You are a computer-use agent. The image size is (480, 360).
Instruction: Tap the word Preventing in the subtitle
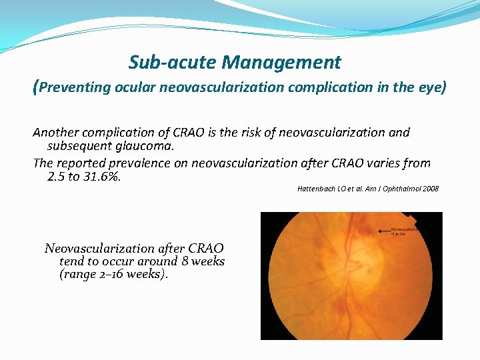[77, 87]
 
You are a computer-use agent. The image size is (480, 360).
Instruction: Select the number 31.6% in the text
[98, 177]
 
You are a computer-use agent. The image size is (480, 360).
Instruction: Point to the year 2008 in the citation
[430, 189]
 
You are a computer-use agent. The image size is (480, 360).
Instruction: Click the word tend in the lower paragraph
[71, 261]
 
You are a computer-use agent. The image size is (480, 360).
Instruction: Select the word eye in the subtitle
[432, 87]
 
